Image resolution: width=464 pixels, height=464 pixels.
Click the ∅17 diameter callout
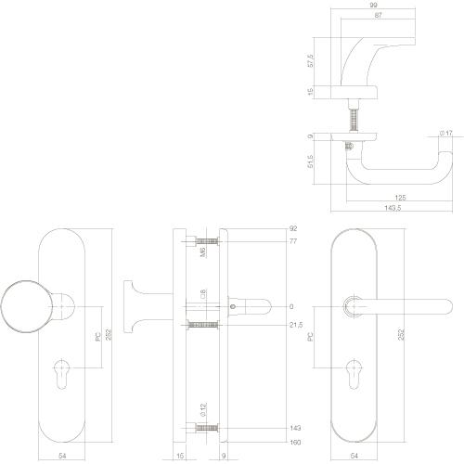tap(445, 135)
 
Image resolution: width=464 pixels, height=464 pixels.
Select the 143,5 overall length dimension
tap(393, 208)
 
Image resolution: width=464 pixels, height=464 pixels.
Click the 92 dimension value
tap(293, 227)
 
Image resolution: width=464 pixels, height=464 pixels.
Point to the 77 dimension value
tap(293, 240)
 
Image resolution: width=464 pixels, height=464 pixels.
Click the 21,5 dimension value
tap(296, 324)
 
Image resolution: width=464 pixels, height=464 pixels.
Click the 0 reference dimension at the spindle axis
tap(290, 306)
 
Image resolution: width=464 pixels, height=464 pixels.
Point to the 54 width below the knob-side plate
tap(63, 457)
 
